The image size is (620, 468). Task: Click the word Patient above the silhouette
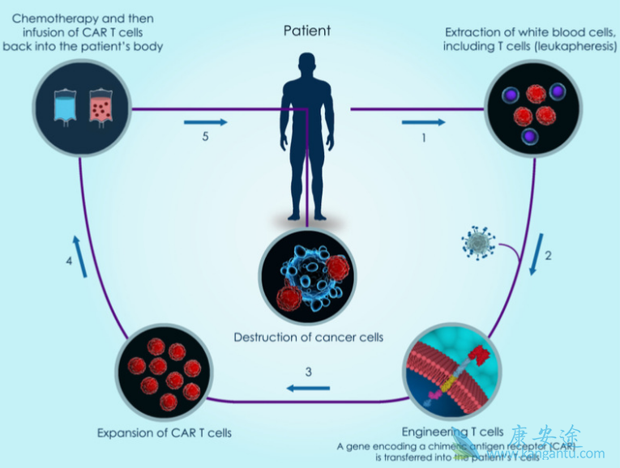pyautogui.click(x=307, y=31)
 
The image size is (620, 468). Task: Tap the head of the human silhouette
pyautogui.click(x=307, y=66)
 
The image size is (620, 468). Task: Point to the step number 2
pyautogui.click(x=548, y=256)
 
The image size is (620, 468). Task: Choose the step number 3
pyautogui.click(x=308, y=372)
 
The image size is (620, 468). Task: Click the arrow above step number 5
pyautogui.click(x=205, y=122)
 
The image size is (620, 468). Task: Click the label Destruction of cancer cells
pyautogui.click(x=308, y=337)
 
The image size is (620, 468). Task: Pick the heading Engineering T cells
pyautogui.click(x=453, y=431)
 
